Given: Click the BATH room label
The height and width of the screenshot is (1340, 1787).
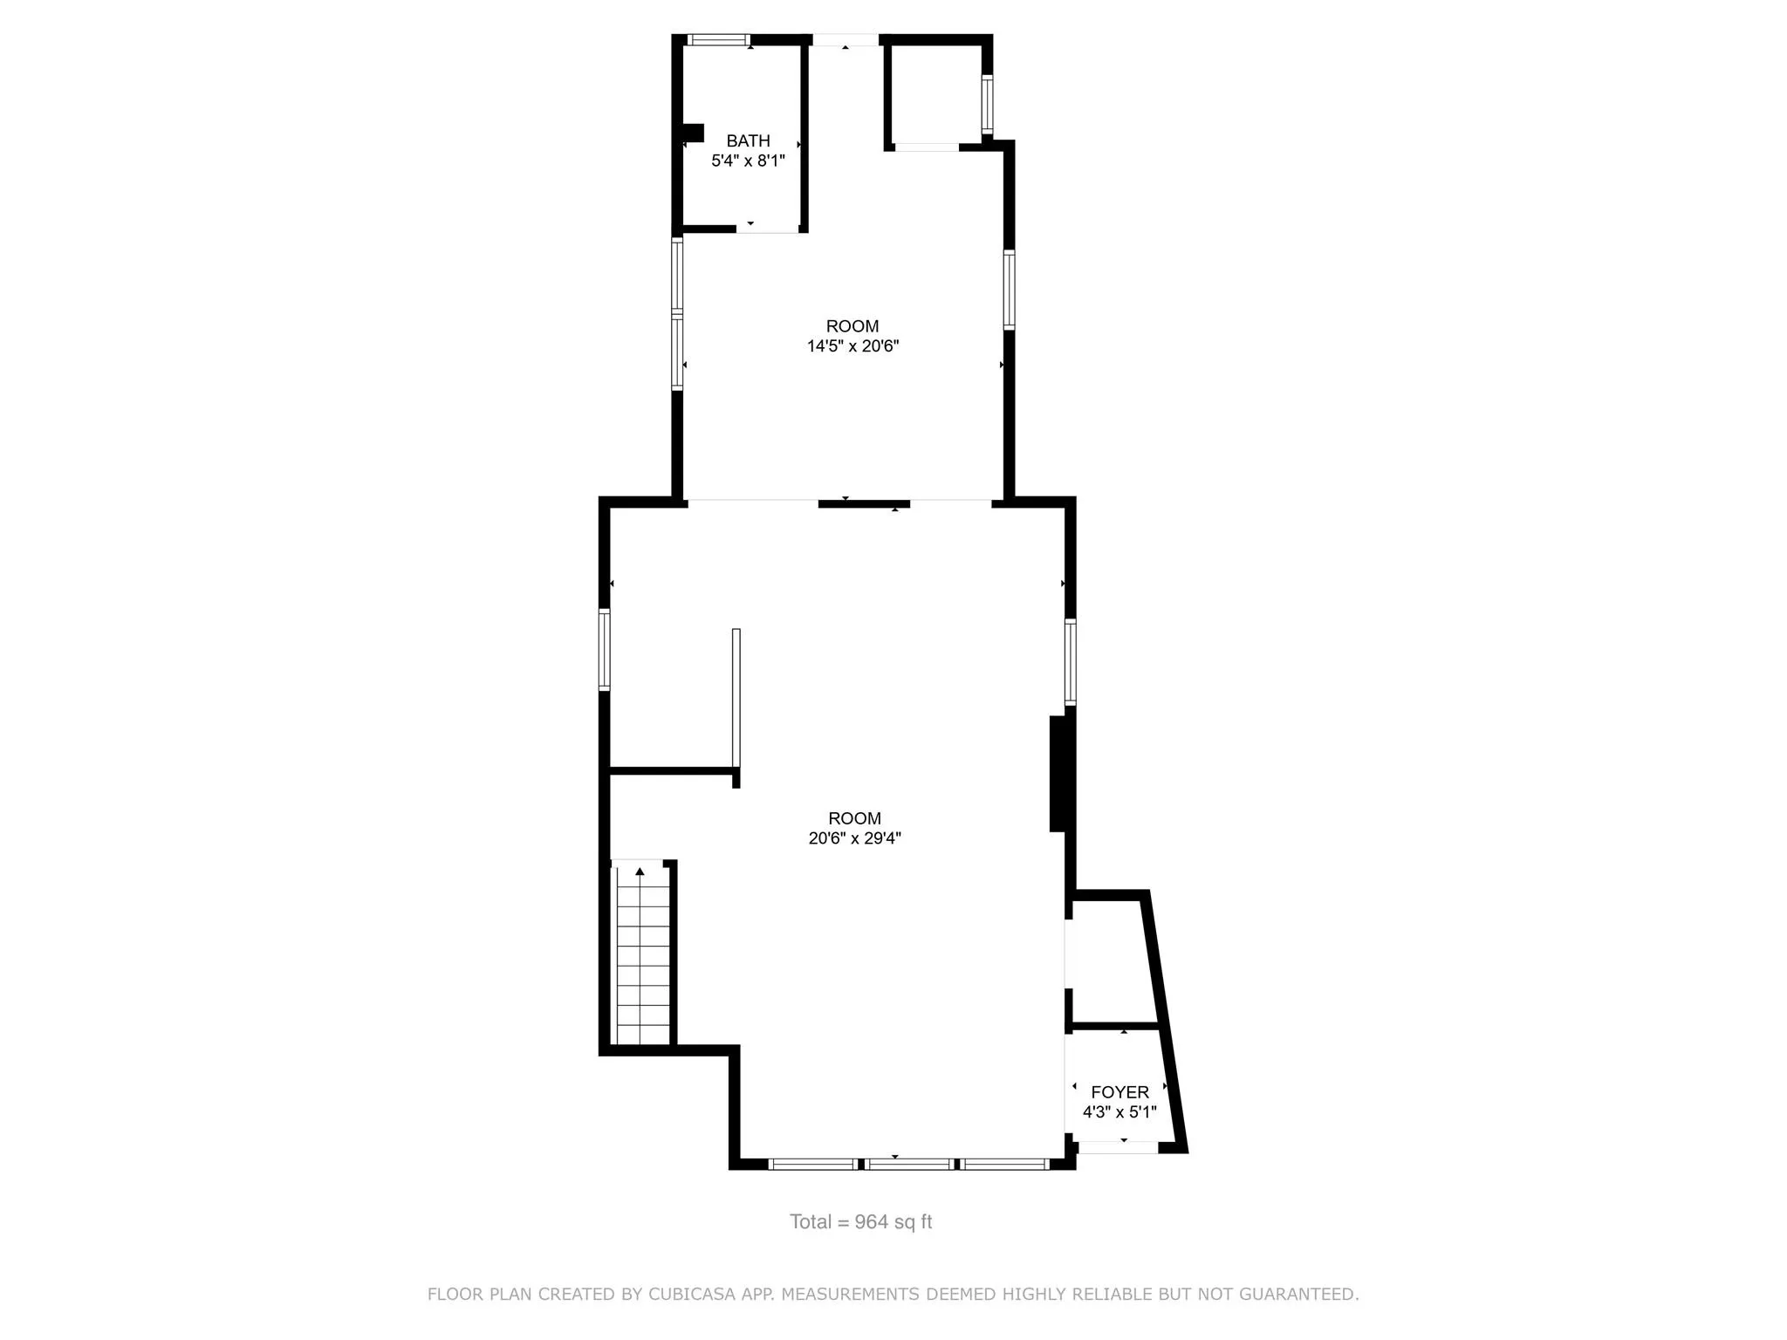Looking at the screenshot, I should pyautogui.click(x=748, y=140).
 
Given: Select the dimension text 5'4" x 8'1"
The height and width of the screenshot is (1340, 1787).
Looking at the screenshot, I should pyautogui.click(x=748, y=161).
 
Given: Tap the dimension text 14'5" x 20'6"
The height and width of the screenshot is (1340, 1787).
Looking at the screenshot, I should pyautogui.click(x=852, y=346).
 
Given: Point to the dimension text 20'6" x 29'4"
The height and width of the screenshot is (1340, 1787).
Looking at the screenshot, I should pyautogui.click(x=854, y=838).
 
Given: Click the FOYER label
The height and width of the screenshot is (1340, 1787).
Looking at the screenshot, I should pyautogui.click(x=1119, y=1092).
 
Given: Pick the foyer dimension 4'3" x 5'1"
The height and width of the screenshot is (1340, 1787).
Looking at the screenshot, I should pyautogui.click(x=1119, y=1112).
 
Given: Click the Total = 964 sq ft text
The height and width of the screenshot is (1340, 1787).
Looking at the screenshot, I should pyautogui.click(x=860, y=1222).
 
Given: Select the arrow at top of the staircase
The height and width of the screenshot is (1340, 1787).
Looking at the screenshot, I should pyautogui.click(x=640, y=871).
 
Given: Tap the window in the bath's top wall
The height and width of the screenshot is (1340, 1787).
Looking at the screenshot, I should pyautogui.click(x=718, y=39).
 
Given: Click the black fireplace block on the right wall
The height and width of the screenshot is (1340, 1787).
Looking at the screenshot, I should pyautogui.click(x=1058, y=774).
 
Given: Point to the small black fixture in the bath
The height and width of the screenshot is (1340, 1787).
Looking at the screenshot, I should pyautogui.click(x=694, y=133).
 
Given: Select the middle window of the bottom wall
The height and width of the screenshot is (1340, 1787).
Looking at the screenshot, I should pyautogui.click(x=908, y=1164).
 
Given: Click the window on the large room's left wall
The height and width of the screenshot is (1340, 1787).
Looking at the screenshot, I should pyautogui.click(x=604, y=650).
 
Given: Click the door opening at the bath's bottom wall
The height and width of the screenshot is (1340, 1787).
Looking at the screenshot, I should pyautogui.click(x=768, y=229).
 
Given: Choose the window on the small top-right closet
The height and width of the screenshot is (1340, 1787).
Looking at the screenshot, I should pyautogui.click(x=987, y=105).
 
